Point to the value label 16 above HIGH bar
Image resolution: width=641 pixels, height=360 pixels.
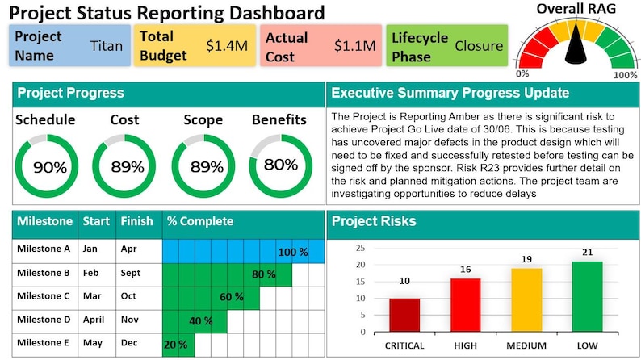click(x=465, y=269)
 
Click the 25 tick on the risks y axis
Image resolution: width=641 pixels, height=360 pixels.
click(x=360, y=248)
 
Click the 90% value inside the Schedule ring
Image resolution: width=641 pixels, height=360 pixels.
click(x=48, y=168)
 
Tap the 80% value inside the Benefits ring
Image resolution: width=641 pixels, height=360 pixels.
click(x=280, y=165)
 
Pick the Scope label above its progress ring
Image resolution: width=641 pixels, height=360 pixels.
click(x=203, y=120)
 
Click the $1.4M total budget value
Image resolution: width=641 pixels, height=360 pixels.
click(x=226, y=46)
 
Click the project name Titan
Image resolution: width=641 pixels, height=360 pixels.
click(x=107, y=46)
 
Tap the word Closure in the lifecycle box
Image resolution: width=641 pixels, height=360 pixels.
click(x=479, y=46)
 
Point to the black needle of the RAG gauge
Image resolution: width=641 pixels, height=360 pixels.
click(x=576, y=48)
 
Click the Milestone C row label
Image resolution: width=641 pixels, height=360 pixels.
click(x=44, y=295)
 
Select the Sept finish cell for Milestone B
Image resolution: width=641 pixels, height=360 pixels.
click(x=130, y=273)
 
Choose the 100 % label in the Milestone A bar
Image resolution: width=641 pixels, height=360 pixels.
click(x=293, y=252)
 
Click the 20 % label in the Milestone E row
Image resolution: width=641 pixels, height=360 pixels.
click(x=176, y=344)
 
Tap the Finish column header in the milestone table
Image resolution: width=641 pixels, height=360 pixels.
click(x=136, y=221)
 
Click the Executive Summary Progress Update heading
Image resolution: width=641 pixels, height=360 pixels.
click(x=450, y=93)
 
